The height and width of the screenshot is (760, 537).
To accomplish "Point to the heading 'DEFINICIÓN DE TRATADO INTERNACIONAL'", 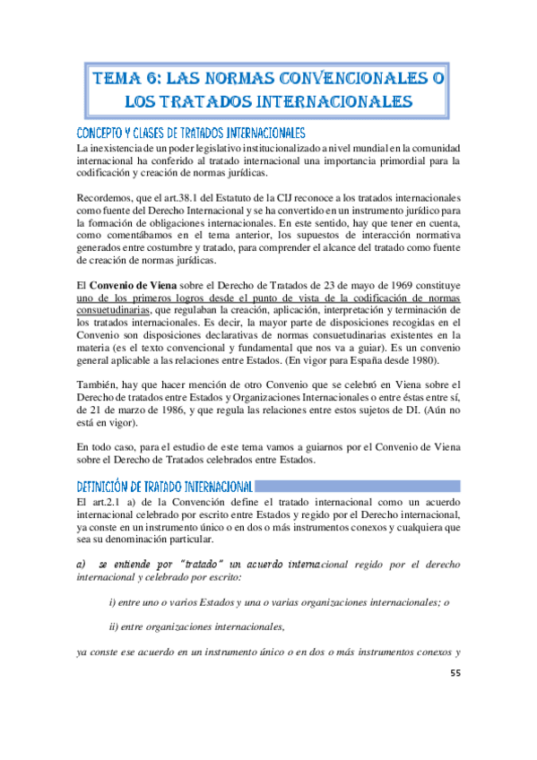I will pyautogui.click(x=164, y=487).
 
